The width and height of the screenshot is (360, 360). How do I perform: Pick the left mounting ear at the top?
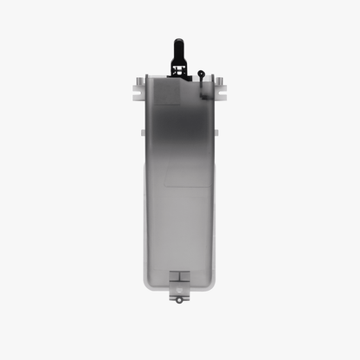click(138, 90)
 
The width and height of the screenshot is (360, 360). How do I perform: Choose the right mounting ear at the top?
click(221, 90)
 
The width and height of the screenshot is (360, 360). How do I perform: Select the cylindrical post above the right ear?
click(220, 80)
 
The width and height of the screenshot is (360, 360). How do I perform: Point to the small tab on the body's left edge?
click(141, 132)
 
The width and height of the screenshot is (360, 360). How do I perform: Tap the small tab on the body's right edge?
click(217, 132)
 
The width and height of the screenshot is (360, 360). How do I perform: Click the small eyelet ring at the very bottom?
click(179, 299)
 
